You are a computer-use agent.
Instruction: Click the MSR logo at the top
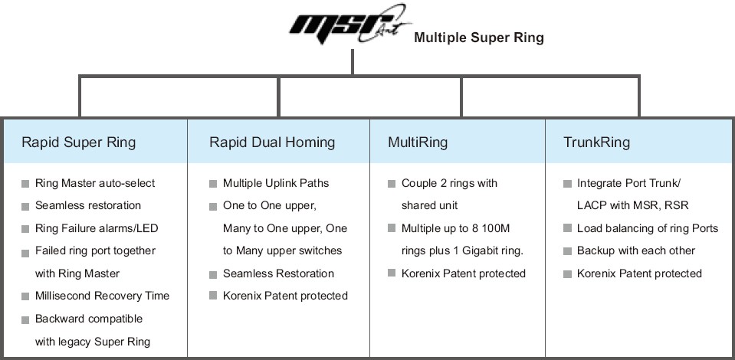pyautogui.click(x=349, y=29)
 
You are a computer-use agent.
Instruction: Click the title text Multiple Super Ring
pyautogui.click(x=478, y=38)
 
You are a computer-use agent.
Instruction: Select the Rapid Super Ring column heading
pyautogui.click(x=78, y=142)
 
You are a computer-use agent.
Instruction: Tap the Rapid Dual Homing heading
pyautogui.click(x=271, y=142)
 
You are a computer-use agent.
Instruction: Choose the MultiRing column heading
pyautogui.click(x=418, y=142)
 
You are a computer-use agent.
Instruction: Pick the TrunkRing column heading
pyautogui.click(x=596, y=142)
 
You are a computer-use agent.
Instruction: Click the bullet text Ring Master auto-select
pyautogui.click(x=95, y=183)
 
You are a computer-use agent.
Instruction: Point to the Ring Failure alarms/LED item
pyautogui.click(x=97, y=228)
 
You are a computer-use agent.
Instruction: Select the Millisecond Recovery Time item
pyautogui.click(x=102, y=296)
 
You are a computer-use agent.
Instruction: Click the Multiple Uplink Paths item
pyautogui.click(x=276, y=183)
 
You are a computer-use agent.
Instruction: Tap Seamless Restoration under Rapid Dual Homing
pyautogui.click(x=278, y=273)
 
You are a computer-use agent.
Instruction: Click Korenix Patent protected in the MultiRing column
pyautogui.click(x=464, y=273)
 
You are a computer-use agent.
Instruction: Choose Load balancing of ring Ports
pyautogui.click(x=647, y=228)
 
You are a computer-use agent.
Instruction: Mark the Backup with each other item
pyautogui.click(x=636, y=250)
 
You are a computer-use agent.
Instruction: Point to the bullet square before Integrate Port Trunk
pyautogui.click(x=567, y=184)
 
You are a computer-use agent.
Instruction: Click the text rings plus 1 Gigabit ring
pyautogui.click(x=463, y=250)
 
